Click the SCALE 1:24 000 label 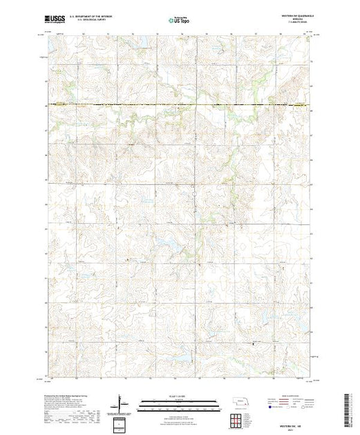180,398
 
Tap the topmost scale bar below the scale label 180,402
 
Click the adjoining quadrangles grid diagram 239,419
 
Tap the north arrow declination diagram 122,403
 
